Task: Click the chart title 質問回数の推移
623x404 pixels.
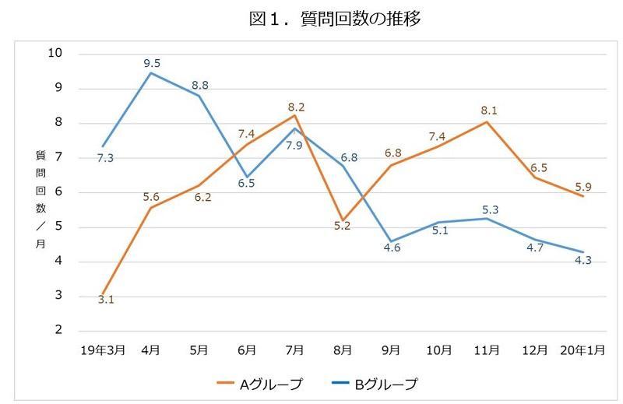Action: (x=335, y=19)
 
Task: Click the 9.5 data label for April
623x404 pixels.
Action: (x=152, y=63)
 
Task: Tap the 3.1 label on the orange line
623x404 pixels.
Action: (x=107, y=299)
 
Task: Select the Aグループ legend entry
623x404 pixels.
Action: (x=260, y=384)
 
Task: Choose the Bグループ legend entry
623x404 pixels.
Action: (x=375, y=384)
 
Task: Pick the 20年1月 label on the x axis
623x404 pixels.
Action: (x=583, y=351)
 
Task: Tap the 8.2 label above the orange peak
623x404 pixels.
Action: (x=296, y=107)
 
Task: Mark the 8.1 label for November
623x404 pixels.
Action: (x=488, y=111)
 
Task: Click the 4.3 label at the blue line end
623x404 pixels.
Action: (x=583, y=260)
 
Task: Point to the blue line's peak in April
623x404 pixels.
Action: (x=151, y=73)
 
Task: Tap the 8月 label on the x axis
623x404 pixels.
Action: (x=343, y=351)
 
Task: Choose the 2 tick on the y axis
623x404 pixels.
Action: (x=58, y=331)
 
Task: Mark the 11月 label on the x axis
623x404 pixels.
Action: (x=487, y=351)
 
